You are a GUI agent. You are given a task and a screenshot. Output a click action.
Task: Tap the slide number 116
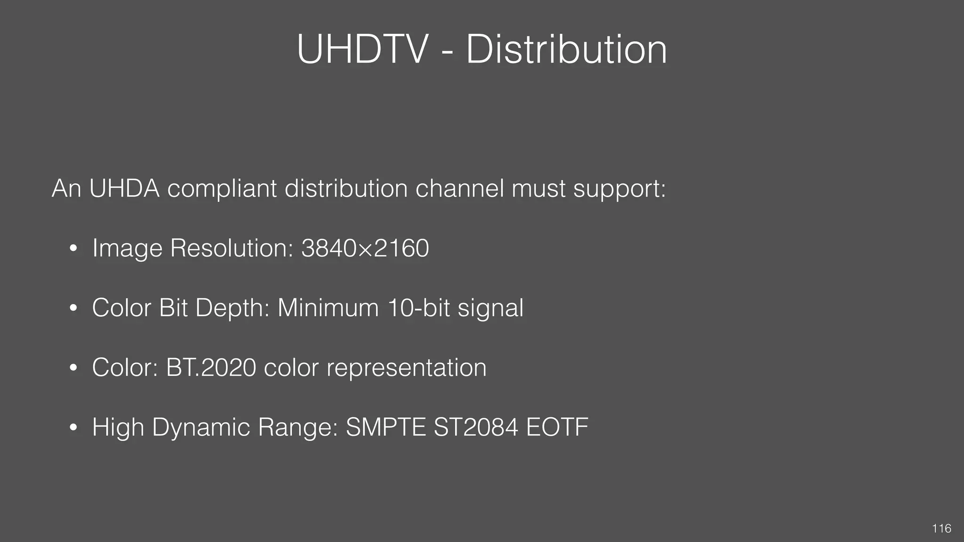(941, 528)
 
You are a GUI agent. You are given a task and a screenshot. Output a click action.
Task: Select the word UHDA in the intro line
(124, 189)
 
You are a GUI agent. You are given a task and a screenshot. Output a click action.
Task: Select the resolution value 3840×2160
(365, 248)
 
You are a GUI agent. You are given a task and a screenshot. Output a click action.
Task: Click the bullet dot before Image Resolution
(72, 249)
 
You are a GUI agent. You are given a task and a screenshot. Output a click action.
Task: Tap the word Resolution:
(232, 248)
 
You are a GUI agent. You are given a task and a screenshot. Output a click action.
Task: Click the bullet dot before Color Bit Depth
(72, 309)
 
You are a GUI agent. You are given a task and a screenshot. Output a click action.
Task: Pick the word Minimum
(328, 308)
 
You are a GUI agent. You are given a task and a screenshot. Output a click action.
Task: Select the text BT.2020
(211, 367)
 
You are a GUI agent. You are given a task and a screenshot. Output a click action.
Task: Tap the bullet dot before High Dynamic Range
(72, 428)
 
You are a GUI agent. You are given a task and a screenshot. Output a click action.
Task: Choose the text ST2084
(476, 427)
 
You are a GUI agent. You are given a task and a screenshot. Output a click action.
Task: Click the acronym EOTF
(557, 427)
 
